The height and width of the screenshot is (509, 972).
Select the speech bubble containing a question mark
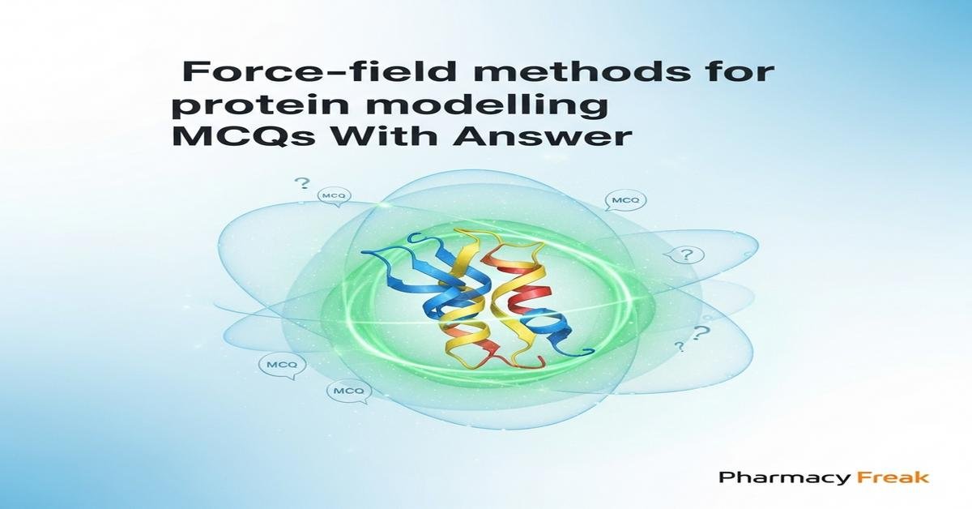(x=686, y=256)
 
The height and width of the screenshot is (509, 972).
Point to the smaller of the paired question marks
(x=680, y=347)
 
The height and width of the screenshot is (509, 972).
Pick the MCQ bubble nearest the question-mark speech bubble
(x=621, y=199)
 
